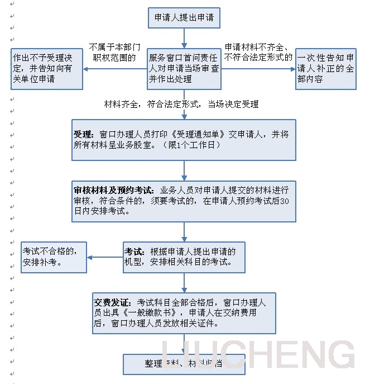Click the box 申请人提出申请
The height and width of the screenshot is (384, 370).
184,18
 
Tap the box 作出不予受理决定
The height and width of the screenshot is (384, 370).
47,69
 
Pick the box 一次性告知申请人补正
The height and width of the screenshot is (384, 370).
326,69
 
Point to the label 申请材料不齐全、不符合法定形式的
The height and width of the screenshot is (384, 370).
258,52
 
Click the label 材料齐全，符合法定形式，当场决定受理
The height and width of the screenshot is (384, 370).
181,104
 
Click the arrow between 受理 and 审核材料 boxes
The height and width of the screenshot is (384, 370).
184,170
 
